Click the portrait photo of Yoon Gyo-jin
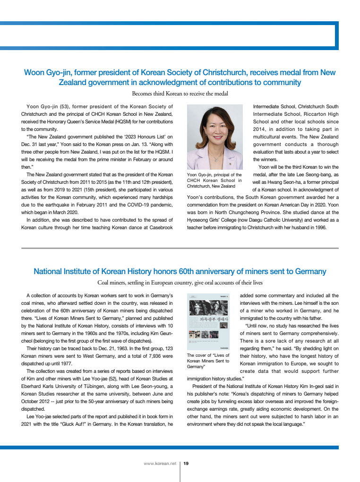(215, 137)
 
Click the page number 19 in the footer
(186, 464)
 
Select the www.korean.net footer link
(160, 464)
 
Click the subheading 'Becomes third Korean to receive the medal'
(180, 94)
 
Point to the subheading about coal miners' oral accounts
(180, 283)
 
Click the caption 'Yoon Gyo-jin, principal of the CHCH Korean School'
(214, 181)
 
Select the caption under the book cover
(208, 361)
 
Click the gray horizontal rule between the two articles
(180, 248)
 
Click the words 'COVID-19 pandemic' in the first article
(151, 205)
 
